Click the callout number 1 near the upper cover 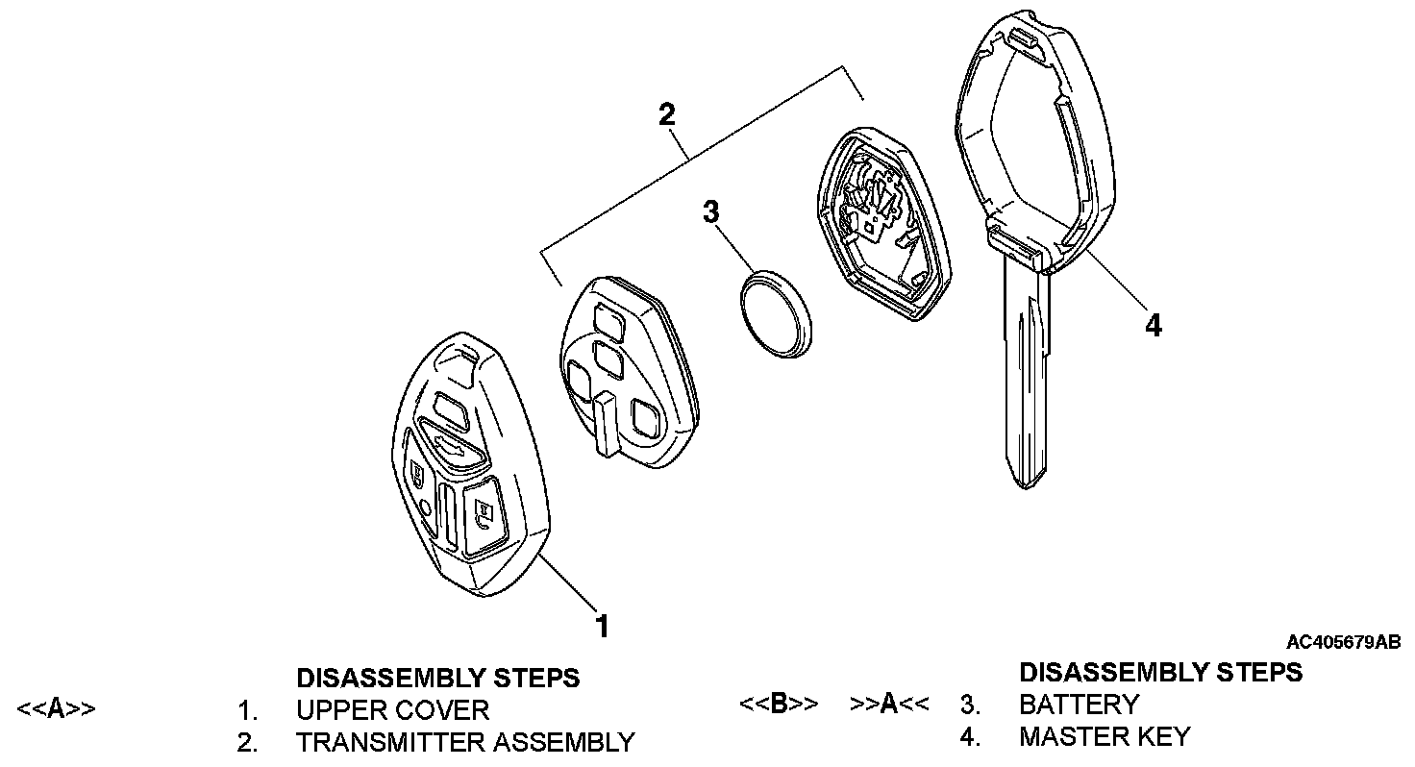(602, 626)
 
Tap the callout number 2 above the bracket (666, 114)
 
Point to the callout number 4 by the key (1154, 326)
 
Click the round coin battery (775, 312)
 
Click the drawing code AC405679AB (1343, 641)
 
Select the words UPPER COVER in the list (392, 710)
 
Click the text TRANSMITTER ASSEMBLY (465, 742)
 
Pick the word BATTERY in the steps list (1079, 705)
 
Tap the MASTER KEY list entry (1105, 736)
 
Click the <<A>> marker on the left (56, 709)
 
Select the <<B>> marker (779, 704)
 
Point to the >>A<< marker (889, 704)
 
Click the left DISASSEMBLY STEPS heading (437, 678)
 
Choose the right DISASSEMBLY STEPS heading (1160, 672)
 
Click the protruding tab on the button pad (606, 424)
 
